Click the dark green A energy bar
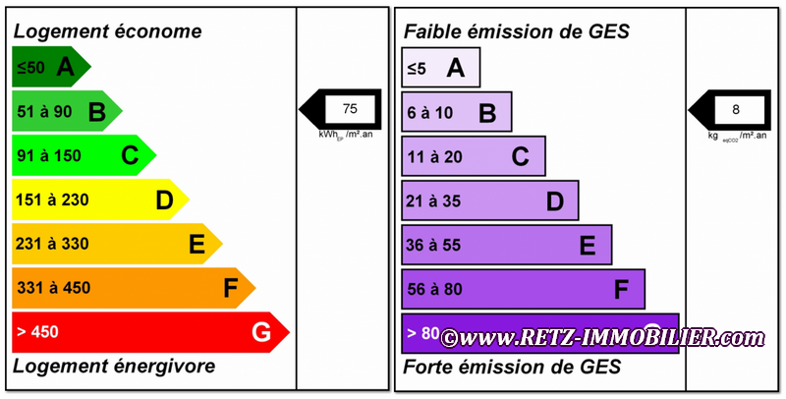[49, 68]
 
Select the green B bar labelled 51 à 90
[65, 112]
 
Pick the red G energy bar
[147, 332]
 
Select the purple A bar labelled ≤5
[439, 68]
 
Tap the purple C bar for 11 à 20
[473, 156]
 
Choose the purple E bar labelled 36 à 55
[506, 245]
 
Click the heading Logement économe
[108, 31]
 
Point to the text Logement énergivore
[114, 367]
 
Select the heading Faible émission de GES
[517, 31]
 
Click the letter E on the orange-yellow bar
[197, 244]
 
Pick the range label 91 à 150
[49, 155]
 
